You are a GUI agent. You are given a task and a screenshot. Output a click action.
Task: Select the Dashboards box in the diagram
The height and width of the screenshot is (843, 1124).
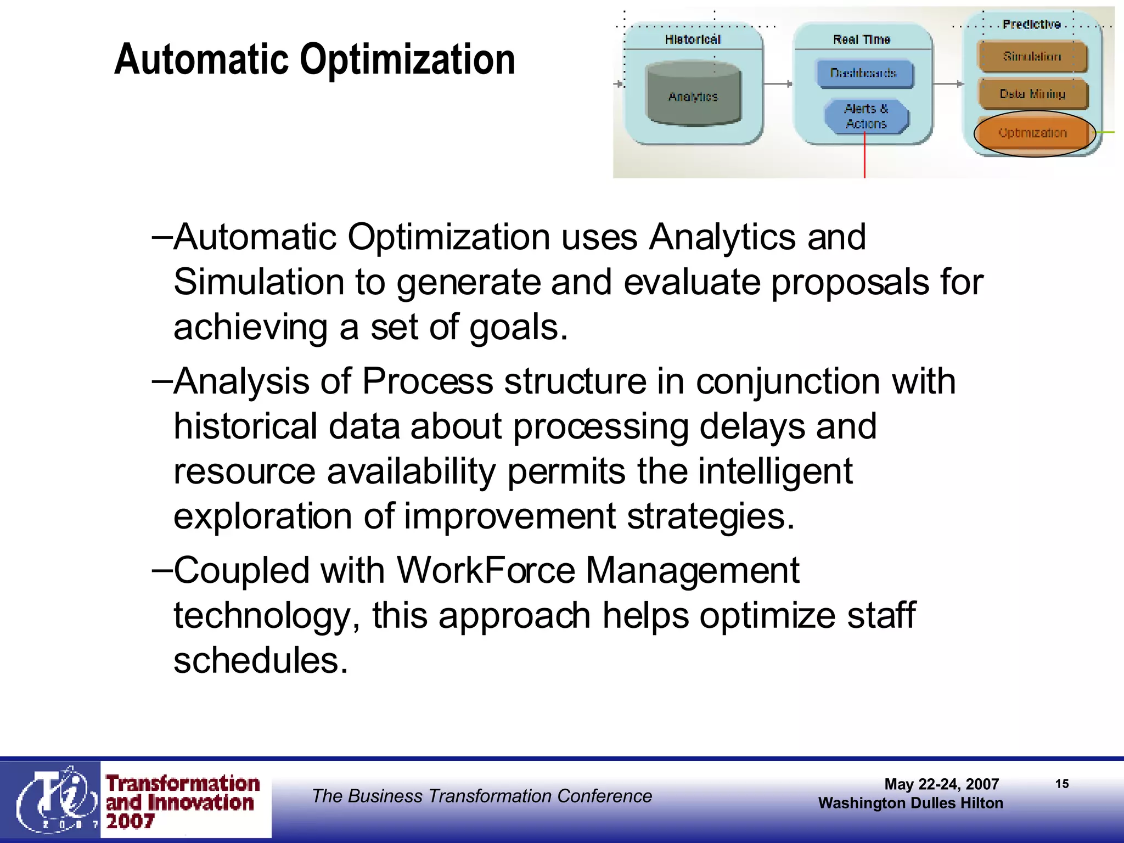pos(864,73)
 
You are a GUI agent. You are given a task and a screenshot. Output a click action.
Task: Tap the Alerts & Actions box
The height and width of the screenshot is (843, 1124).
pos(866,116)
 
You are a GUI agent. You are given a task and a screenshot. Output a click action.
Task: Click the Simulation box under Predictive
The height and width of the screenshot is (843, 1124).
pos(1032,57)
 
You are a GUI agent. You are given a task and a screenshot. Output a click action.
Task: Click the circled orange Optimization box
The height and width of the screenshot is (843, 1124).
pos(1033,133)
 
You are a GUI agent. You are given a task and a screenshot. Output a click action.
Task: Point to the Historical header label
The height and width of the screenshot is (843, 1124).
pos(693,40)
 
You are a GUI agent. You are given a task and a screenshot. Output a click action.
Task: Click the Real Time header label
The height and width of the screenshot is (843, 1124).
pos(861,40)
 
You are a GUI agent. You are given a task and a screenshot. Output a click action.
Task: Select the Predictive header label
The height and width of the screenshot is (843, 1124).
pos(1031,24)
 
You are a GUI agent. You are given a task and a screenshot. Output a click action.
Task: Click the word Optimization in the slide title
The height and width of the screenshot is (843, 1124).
pos(407,59)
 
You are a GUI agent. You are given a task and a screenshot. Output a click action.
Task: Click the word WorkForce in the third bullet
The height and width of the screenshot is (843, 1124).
pos(485,570)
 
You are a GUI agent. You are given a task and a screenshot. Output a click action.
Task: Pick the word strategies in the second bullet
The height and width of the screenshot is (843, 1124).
pos(710,516)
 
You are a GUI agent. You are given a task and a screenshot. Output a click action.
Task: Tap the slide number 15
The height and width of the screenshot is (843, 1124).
pos(1061,784)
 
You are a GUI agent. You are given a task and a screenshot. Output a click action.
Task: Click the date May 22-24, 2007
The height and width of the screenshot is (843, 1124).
pos(941,784)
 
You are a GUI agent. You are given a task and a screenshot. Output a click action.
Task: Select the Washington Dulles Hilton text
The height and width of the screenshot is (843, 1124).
pos(910,803)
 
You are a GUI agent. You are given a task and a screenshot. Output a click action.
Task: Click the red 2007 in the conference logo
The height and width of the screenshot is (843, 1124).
pos(130,822)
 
